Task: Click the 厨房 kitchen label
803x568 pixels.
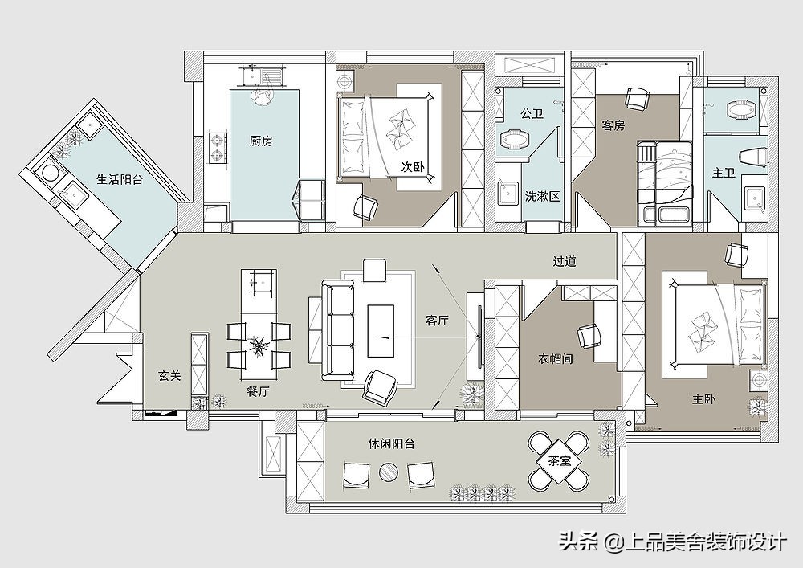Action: [x=261, y=141]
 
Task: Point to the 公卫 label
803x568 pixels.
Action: [x=532, y=114]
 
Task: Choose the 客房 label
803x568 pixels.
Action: [x=613, y=125]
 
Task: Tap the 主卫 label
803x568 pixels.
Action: [x=723, y=172]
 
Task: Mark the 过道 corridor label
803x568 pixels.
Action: [x=565, y=262]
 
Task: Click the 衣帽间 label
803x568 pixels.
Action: [x=555, y=359]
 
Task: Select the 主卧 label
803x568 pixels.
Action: [x=704, y=398]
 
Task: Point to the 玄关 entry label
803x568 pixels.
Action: [x=169, y=375]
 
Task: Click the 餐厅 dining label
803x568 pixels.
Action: [x=258, y=391]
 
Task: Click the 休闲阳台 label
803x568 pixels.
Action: [x=392, y=443]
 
